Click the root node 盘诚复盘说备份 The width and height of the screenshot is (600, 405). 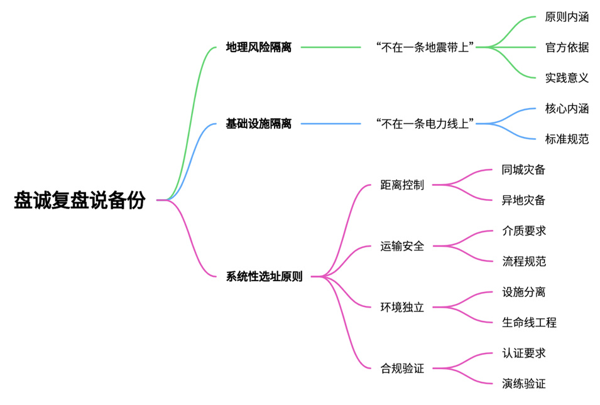(x=80, y=200)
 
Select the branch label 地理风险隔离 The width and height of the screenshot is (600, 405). (x=259, y=47)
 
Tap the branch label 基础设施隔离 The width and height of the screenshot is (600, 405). (x=259, y=124)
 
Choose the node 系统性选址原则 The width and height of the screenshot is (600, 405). (x=264, y=276)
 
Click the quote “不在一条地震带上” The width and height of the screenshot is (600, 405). (x=424, y=47)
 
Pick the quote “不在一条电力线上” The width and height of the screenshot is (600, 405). (x=424, y=124)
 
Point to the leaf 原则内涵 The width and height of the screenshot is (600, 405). (x=567, y=17)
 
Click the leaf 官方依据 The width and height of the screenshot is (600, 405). (x=567, y=47)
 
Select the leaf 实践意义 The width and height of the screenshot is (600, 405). (x=567, y=78)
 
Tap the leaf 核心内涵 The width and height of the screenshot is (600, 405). (x=567, y=109)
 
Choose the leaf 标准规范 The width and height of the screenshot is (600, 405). (x=567, y=139)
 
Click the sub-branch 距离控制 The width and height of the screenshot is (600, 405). (x=402, y=185)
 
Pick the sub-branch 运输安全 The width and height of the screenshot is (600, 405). (x=402, y=246)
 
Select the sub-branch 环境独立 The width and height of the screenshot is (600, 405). (x=402, y=308)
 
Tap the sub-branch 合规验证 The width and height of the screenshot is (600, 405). (x=402, y=369)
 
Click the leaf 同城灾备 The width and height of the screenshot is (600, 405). (x=523, y=170)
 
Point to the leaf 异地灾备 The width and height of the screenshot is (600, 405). (x=523, y=200)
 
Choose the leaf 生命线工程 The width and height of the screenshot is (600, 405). (x=529, y=323)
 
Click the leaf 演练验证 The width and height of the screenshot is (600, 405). (x=523, y=384)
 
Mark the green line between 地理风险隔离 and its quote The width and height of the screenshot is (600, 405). (x=330, y=47)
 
